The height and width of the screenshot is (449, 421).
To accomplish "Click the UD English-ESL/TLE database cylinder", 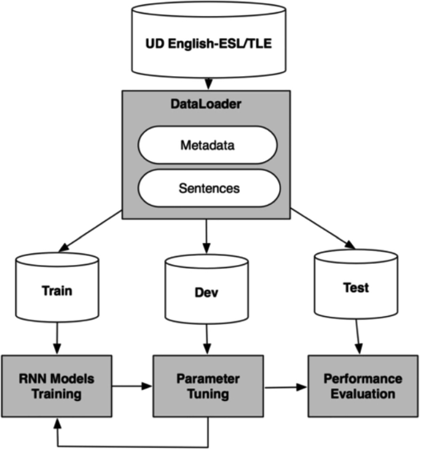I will click(x=210, y=44).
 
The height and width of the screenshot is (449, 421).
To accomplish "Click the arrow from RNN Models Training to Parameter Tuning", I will click(x=132, y=386).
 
